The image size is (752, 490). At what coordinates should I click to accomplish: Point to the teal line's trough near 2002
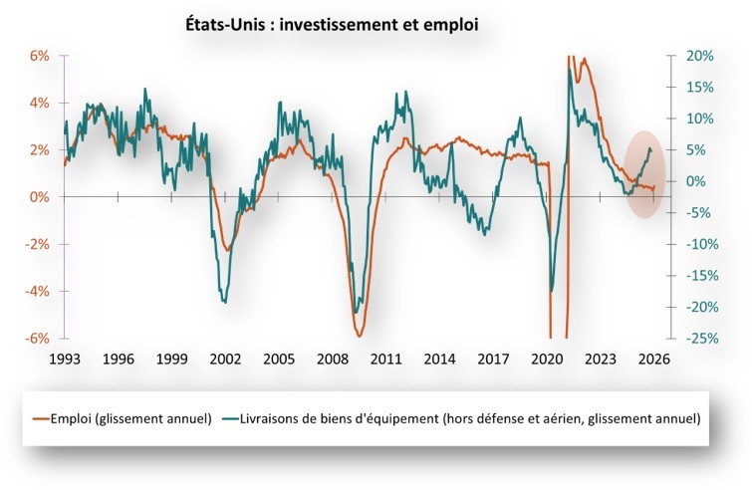224,301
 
